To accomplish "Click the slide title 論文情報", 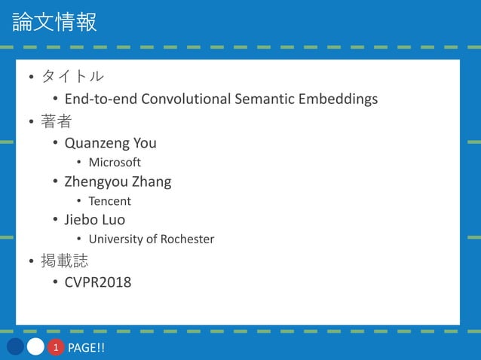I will point(54,22).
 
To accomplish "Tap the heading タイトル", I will point(72,77).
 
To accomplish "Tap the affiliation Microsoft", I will point(115,163).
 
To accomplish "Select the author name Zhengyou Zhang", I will point(118,182).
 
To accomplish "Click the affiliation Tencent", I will point(109,201).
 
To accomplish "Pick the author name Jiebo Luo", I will point(94,220).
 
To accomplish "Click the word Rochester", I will point(187,239).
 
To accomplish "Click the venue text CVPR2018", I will point(97,283).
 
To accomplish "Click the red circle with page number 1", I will point(55,347).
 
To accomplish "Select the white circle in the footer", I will point(35,347).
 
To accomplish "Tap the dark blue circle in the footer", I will point(16,347).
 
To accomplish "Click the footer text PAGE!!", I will point(86,348).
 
